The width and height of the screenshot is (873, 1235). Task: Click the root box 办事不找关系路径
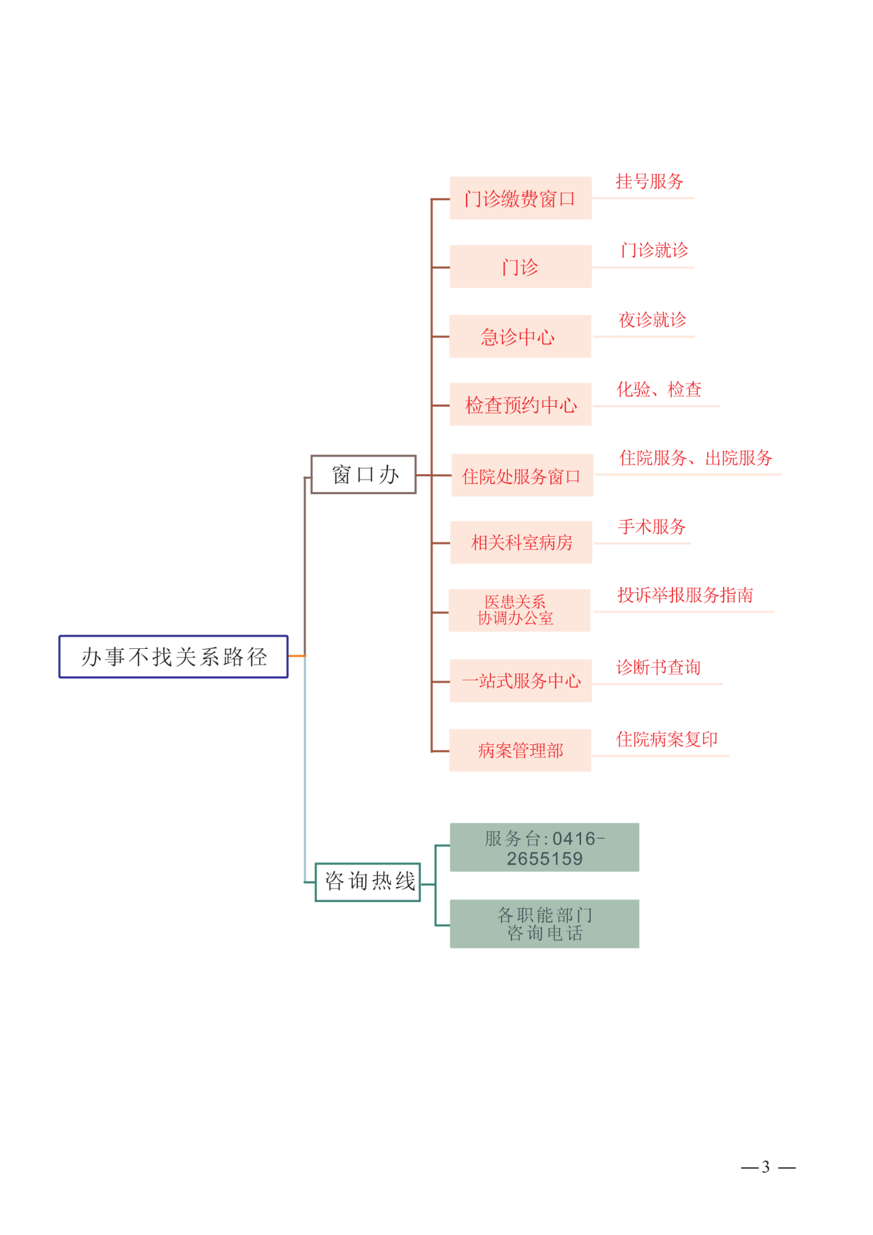(x=173, y=656)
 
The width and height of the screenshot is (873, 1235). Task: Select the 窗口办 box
(x=364, y=474)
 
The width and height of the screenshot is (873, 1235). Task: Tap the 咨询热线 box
(x=368, y=882)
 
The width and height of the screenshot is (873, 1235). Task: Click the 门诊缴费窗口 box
(x=520, y=199)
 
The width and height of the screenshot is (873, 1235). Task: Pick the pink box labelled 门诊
(x=520, y=267)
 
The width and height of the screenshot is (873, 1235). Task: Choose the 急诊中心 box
(x=520, y=336)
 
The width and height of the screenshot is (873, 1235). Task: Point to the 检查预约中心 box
(x=520, y=405)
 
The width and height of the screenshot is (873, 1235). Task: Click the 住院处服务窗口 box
(x=522, y=475)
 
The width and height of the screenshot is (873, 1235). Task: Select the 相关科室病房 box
(x=521, y=542)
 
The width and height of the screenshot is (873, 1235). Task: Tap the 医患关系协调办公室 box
(x=519, y=610)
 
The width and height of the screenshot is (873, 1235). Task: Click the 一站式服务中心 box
(x=520, y=680)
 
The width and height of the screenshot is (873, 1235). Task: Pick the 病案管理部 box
(x=520, y=751)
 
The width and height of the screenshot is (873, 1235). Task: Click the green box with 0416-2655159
(x=544, y=847)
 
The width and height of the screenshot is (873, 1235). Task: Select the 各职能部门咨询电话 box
(x=544, y=924)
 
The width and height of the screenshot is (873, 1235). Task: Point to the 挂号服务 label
(x=649, y=181)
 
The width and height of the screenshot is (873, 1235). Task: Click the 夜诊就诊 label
(x=652, y=319)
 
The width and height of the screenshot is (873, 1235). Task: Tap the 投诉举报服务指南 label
(x=685, y=595)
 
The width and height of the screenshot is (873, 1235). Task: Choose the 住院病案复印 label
(x=667, y=739)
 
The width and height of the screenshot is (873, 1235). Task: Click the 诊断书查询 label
(x=658, y=667)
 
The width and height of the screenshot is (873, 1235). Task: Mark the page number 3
(x=766, y=1167)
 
